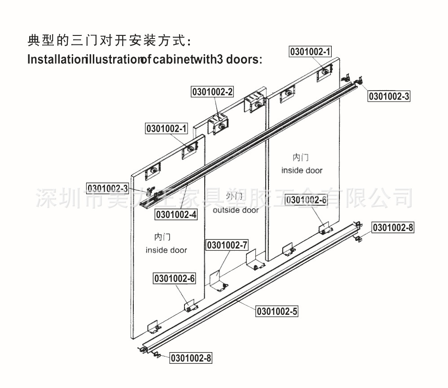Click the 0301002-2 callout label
pyautogui.click(x=213, y=92)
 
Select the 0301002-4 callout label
pyautogui.click(x=176, y=215)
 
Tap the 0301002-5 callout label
pyautogui.click(x=277, y=310)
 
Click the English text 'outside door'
pyautogui.click(x=236, y=210)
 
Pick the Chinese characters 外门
pyautogui.click(x=234, y=196)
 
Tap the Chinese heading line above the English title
pyautogui.click(x=110, y=42)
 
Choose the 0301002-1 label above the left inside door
pyautogui.click(x=166, y=129)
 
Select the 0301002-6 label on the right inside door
pyautogui.click(x=306, y=200)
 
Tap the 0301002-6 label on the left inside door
pyautogui.click(x=175, y=279)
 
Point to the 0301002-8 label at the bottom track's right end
pyautogui.click(x=393, y=228)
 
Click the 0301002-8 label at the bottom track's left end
pyautogui.click(x=190, y=358)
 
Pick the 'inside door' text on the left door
pyautogui.click(x=166, y=250)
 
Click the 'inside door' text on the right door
pyautogui.click(x=302, y=170)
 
